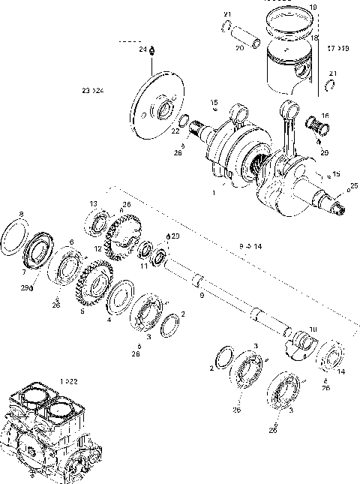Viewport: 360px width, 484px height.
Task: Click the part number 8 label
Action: pos(21,214)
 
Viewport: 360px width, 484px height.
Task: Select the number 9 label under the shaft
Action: pos(201,295)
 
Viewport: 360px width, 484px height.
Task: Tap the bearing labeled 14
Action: pos(331,356)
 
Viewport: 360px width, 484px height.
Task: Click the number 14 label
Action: pos(343,371)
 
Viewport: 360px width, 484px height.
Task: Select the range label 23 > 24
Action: pos(93,90)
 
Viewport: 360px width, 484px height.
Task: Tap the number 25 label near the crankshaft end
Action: pos(354,185)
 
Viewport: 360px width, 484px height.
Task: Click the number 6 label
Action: pos(71,242)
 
